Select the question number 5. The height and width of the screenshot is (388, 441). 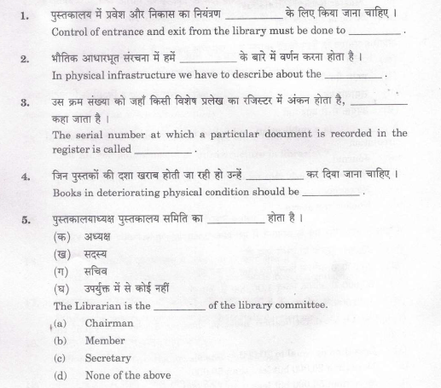tap(26, 218)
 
